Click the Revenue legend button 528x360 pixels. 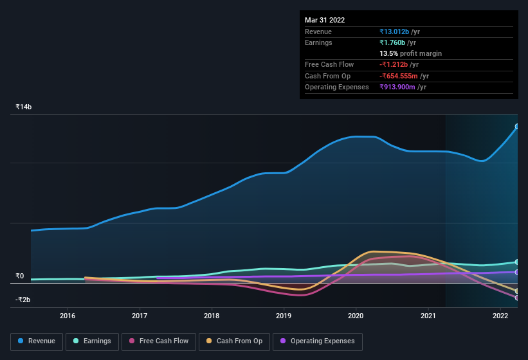37,341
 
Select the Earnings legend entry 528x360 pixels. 92,341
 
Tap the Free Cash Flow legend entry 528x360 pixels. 158,341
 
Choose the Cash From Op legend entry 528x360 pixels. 233,341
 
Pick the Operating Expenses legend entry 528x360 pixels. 318,341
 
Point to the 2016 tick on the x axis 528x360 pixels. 68,316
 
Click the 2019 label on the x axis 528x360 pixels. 284,316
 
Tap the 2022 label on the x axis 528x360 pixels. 500,316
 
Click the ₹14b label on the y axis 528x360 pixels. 24,107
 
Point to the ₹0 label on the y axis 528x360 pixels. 20,276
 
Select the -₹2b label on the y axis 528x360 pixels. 24,300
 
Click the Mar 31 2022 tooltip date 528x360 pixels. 325,20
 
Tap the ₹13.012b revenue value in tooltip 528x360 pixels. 399,32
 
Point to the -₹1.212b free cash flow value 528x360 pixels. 399,64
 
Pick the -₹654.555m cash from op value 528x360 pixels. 403,76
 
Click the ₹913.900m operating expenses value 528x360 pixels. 403,87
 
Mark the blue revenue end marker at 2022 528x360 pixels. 517,127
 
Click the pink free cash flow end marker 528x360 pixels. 517,298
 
